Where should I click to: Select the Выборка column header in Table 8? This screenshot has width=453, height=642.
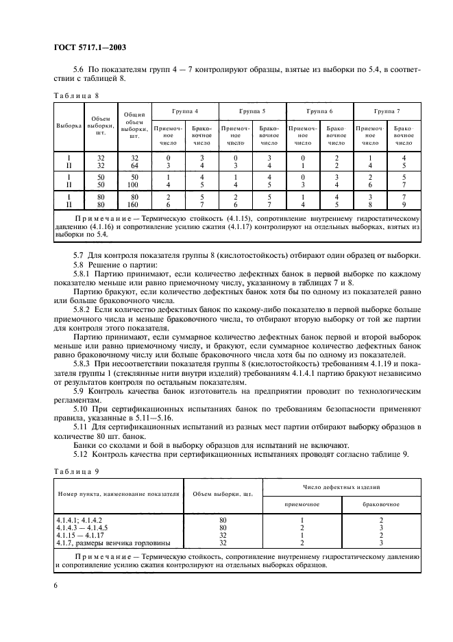(x=68, y=127)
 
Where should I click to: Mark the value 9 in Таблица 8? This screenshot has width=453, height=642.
(x=404, y=204)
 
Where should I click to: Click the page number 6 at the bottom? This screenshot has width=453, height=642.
(x=56, y=584)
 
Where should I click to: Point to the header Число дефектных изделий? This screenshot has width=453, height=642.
(x=341, y=486)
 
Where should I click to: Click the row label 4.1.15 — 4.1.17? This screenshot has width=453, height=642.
(x=80, y=534)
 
